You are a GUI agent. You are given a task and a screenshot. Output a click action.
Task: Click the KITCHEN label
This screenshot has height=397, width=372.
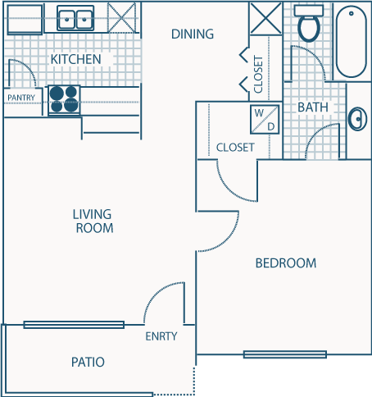pyautogui.click(x=75, y=59)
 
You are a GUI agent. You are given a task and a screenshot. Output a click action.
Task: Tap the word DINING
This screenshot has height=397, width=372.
pyautogui.click(x=193, y=34)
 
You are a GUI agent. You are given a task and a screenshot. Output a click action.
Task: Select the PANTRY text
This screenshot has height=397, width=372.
pyautogui.click(x=20, y=98)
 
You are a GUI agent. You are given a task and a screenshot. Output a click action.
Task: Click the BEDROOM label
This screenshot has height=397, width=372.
pyautogui.click(x=285, y=263)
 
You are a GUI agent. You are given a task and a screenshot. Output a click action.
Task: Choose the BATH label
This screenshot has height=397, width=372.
pyautogui.click(x=312, y=107)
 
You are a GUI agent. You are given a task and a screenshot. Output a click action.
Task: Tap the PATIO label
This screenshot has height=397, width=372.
pyautogui.click(x=88, y=362)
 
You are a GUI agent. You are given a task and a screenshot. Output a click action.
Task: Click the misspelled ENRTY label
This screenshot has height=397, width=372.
pyautogui.click(x=161, y=336)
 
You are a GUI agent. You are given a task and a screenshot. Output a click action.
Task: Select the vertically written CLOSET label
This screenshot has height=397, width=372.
pyautogui.click(x=259, y=75)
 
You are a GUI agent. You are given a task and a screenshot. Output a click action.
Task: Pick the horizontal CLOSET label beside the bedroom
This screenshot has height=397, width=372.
pyautogui.click(x=235, y=148)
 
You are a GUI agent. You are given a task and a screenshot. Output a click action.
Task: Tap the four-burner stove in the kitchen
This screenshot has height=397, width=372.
pyautogui.click(x=65, y=99)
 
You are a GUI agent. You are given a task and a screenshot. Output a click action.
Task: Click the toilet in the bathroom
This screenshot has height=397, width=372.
pyautogui.click(x=309, y=25)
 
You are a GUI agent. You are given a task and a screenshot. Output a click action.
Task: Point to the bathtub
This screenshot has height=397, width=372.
pyautogui.click(x=352, y=41)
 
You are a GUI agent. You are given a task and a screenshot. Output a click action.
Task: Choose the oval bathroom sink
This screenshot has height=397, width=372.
pyautogui.click(x=357, y=120)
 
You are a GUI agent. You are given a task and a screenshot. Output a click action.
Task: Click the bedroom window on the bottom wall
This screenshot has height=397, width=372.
pyautogui.click(x=284, y=354)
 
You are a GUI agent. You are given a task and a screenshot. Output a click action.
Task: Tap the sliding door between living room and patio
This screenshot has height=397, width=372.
pyautogui.click(x=74, y=325)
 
